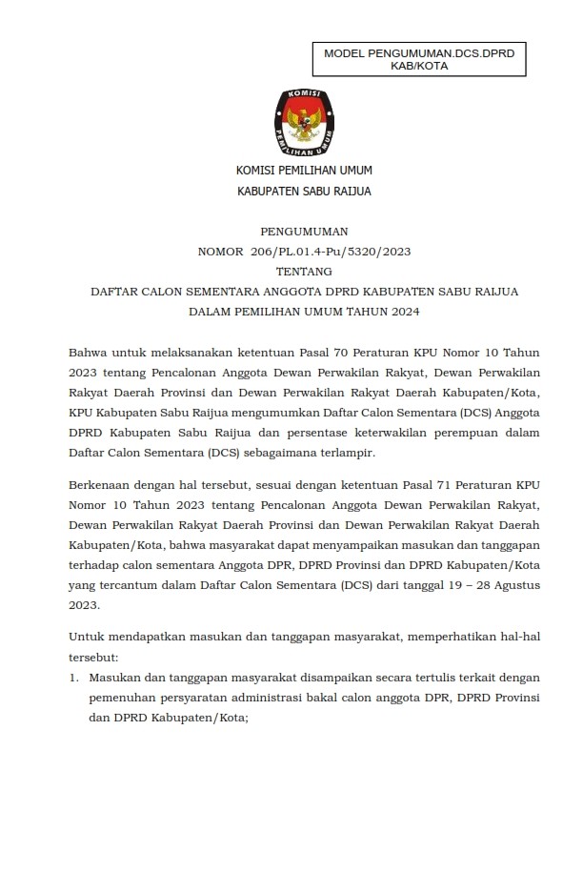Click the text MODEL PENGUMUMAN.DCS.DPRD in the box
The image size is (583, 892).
click(x=419, y=55)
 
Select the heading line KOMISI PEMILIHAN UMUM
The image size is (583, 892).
click(x=305, y=171)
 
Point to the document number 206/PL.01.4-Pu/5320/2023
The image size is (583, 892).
click(x=330, y=252)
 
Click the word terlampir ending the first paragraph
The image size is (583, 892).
click(x=350, y=453)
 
